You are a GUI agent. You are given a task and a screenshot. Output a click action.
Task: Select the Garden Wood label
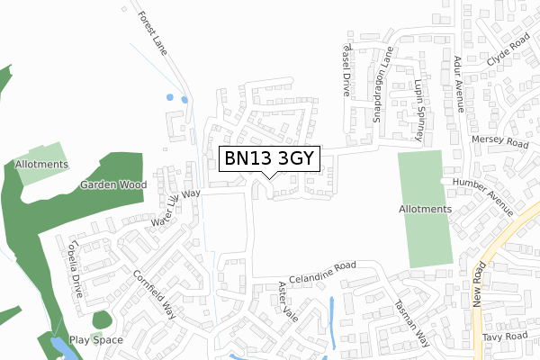coord(112,184)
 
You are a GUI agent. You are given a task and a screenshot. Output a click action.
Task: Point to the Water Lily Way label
coord(175,206)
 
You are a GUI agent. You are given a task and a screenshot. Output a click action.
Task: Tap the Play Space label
coord(96,340)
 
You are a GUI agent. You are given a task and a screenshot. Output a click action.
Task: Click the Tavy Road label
coord(503,336)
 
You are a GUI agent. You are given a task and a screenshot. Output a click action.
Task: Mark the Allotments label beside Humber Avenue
coord(424,209)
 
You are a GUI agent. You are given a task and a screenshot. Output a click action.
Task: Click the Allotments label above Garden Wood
coord(41,165)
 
